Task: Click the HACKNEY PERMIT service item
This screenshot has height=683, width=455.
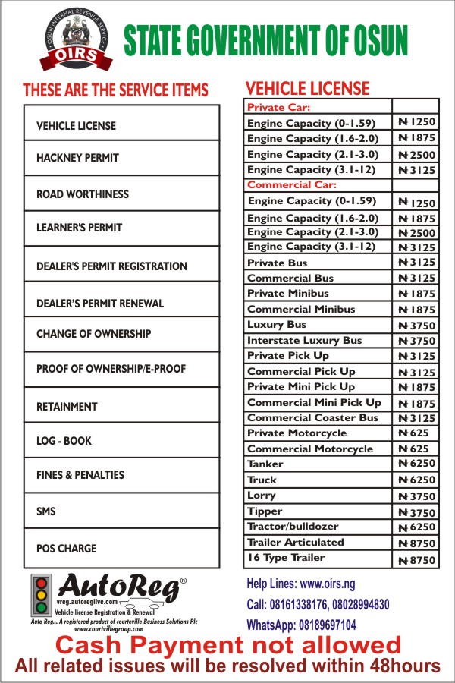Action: pos(77,159)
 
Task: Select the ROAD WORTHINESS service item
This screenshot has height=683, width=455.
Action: pos(83,194)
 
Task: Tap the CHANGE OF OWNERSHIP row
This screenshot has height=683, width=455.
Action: pos(93,334)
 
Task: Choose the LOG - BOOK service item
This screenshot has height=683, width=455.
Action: pos(64,440)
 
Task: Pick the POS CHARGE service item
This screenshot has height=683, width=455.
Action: pos(67,548)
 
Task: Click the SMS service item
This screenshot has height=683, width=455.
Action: pos(46,511)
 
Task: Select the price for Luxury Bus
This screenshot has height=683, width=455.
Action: pos(416,325)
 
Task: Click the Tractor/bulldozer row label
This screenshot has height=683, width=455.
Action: pos(293,526)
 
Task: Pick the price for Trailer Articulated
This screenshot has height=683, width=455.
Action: pos(416,543)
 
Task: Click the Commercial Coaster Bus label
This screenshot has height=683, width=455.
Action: pos(312,418)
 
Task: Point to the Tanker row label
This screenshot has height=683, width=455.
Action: pos(265,464)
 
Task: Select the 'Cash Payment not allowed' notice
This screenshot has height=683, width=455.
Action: pos(228,646)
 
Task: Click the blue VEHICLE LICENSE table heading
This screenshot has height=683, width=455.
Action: pos(308,88)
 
